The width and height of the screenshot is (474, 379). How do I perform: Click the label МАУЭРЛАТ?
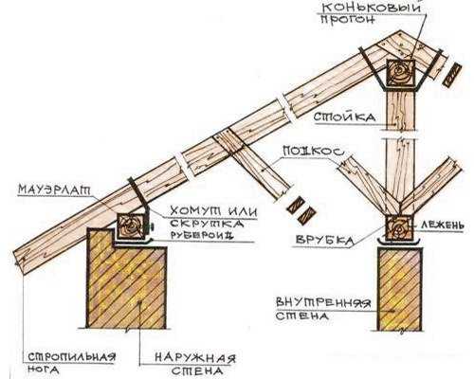[54, 189]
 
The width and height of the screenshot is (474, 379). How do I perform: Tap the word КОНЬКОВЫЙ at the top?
[372, 8]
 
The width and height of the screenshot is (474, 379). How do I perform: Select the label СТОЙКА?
[344, 117]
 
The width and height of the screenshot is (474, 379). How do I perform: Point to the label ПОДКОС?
[313, 152]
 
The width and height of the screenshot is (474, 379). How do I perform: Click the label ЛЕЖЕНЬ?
[442, 225]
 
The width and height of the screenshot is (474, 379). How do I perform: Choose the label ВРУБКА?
[324, 240]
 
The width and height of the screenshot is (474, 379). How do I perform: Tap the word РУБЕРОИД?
[202, 235]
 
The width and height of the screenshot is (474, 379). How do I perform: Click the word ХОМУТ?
[193, 211]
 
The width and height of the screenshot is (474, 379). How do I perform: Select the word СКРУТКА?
[207, 224]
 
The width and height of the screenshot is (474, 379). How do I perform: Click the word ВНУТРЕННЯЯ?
[323, 303]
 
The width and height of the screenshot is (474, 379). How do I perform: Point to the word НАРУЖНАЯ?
[195, 359]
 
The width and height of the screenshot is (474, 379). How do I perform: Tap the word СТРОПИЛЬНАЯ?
[72, 357]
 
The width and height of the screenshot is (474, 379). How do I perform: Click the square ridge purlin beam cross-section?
[401, 72]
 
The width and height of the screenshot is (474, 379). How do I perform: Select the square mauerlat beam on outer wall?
[131, 226]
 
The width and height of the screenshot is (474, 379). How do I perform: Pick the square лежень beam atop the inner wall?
[400, 227]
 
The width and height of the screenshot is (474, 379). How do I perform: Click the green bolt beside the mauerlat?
[151, 226]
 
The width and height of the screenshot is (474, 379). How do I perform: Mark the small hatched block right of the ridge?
[452, 74]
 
